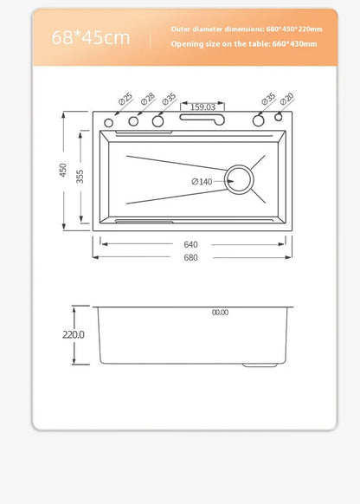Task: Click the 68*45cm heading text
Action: pos(90,37)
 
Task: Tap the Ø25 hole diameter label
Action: pos(125,100)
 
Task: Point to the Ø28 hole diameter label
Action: pos(148,100)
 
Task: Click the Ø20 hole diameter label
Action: pos(286,100)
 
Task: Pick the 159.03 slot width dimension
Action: pos(202,107)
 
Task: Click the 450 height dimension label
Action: pos(63,171)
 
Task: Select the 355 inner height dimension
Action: pos(80,176)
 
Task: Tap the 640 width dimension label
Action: pos(190,244)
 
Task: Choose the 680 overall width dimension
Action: pos(190,257)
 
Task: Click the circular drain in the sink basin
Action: pos(240,181)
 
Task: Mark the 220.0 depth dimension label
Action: pos(74,334)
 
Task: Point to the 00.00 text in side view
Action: pos(220,313)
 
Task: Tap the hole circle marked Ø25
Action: pos(109,123)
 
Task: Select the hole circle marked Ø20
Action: pos(279,117)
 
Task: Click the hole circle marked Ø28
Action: pos(134,122)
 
